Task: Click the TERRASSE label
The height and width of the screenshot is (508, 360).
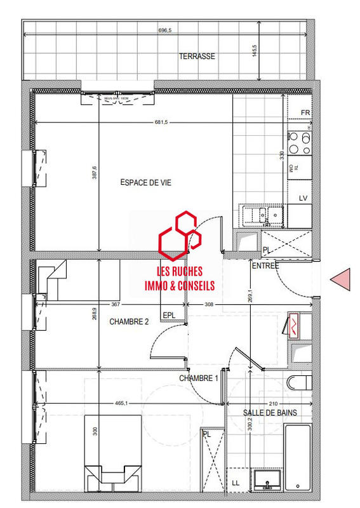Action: pyautogui.click(x=196, y=57)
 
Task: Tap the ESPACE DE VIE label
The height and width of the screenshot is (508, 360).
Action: pyautogui.click(x=145, y=182)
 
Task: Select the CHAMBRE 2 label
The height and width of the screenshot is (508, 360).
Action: pyautogui.click(x=129, y=322)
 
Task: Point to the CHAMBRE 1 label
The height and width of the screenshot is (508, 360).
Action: pyautogui.click(x=198, y=378)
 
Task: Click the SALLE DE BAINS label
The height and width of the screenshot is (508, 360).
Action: pyautogui.click(x=270, y=413)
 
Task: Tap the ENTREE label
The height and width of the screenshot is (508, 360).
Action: pyautogui.click(x=265, y=265)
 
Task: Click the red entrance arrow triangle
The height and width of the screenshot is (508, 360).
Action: pyautogui.click(x=342, y=279)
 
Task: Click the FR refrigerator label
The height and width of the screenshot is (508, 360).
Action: pyautogui.click(x=305, y=113)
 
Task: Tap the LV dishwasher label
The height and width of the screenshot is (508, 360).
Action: pyautogui.click(x=303, y=199)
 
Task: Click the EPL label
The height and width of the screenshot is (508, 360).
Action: pyautogui.click(x=169, y=315)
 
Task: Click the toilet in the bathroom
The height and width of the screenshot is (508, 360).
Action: pyautogui.click(x=298, y=383)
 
